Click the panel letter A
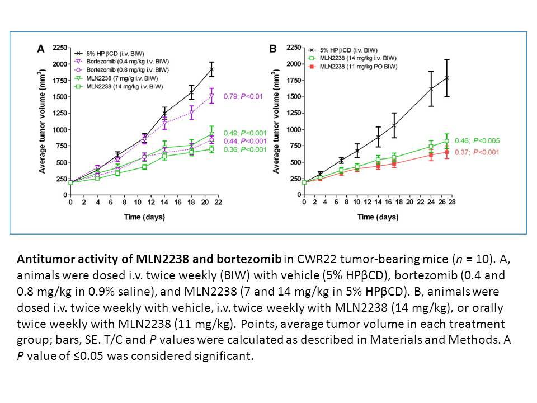tap(41, 49)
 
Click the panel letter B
tap(273, 49)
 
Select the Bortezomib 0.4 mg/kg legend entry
tap(121, 62)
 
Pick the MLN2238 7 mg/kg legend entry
tap(116, 78)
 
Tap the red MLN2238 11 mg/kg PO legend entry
tap(353, 67)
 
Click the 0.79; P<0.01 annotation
tap(243, 96)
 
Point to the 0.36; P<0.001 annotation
tap(245, 150)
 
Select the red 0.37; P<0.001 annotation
tap(477, 152)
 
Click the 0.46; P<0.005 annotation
tap(477, 141)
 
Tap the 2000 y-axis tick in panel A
tap(60, 64)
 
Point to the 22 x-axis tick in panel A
tap(218, 203)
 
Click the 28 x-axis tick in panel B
tap(452, 202)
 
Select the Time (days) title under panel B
tap(378, 217)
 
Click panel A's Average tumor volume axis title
tap(42, 121)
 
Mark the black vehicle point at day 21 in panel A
tap(211, 69)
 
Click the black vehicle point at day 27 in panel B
tap(446, 78)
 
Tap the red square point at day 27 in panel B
tap(446, 152)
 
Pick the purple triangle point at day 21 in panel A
tap(211, 96)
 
